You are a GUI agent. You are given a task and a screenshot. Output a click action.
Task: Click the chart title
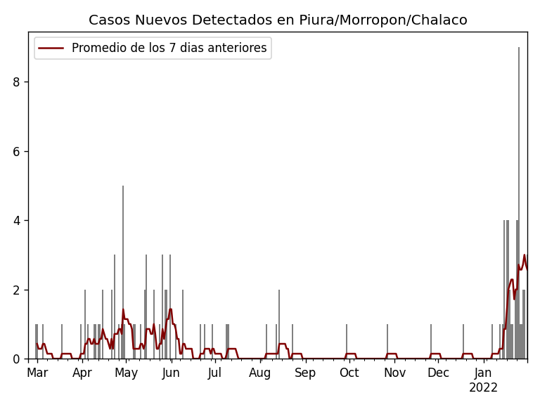tap(278, 20)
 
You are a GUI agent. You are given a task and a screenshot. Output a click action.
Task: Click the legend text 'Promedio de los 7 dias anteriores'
tap(169, 49)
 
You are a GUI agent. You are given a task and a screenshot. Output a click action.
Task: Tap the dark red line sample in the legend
tap(51, 49)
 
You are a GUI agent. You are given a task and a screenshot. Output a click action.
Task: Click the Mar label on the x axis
tap(37, 373)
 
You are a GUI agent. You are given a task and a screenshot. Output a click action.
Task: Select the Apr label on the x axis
tap(82, 373)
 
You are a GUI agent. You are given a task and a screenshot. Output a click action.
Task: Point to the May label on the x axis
tap(126, 373)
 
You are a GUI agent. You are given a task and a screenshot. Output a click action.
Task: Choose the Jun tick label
tap(171, 373)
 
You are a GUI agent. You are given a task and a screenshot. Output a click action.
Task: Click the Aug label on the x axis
tap(259, 373)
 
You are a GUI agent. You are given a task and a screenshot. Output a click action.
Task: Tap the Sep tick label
tap(305, 373)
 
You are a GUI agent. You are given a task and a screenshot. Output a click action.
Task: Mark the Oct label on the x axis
tap(349, 373)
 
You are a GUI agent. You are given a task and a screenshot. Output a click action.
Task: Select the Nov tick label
tap(394, 373)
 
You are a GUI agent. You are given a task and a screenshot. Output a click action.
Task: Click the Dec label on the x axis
tap(438, 373)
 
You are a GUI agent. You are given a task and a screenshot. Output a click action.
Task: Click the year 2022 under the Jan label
tap(483, 387)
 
